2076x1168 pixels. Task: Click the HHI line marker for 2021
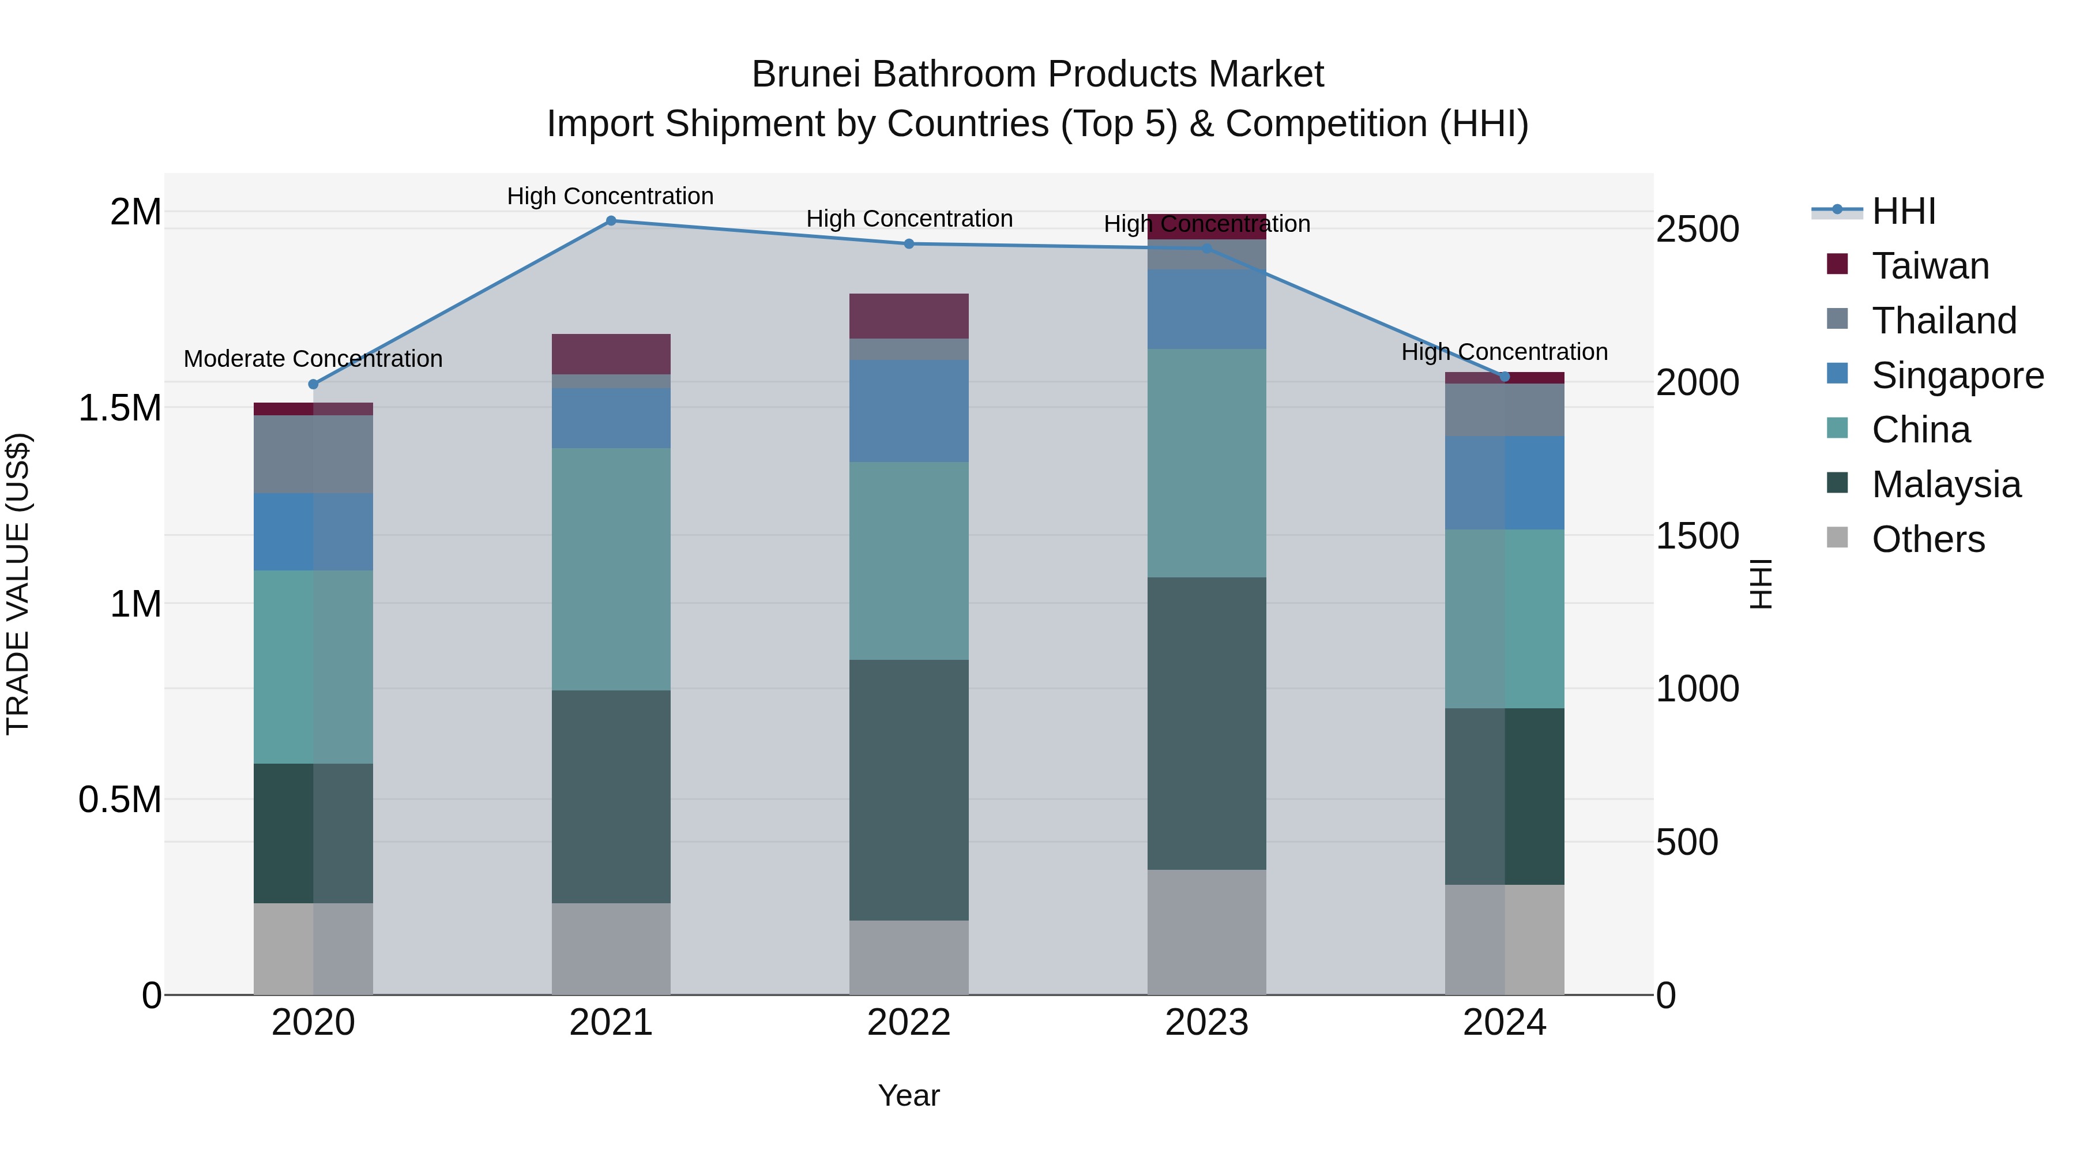pyautogui.click(x=611, y=221)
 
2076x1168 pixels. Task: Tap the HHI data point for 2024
pyautogui.click(x=1504, y=377)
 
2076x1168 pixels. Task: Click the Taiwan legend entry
pyautogui.click(x=1930, y=266)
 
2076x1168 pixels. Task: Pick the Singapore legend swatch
pyautogui.click(x=1837, y=374)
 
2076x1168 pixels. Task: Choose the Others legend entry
pyautogui.click(x=1928, y=539)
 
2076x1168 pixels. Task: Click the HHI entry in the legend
pyautogui.click(x=1903, y=211)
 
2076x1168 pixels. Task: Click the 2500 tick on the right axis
pyautogui.click(x=1697, y=229)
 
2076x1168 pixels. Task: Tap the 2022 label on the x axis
pyautogui.click(x=908, y=1023)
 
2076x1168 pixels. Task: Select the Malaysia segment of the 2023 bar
pyautogui.click(x=1206, y=723)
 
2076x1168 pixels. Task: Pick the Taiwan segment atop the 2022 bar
pyautogui.click(x=908, y=316)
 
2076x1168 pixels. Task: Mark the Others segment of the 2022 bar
pyautogui.click(x=908, y=957)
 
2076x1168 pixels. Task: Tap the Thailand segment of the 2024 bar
pyautogui.click(x=1504, y=410)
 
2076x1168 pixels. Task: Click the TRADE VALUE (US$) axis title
pyautogui.click(x=18, y=584)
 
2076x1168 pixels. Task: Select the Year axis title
pyautogui.click(x=908, y=1095)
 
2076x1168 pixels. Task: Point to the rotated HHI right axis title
pyautogui.click(x=1761, y=584)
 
